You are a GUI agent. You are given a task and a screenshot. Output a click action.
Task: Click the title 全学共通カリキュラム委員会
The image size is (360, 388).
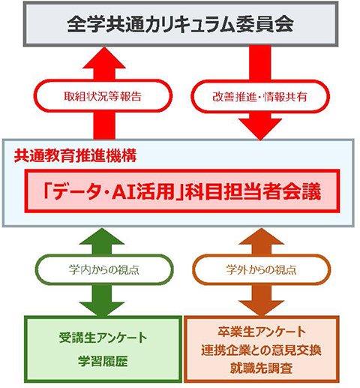pos(180,24)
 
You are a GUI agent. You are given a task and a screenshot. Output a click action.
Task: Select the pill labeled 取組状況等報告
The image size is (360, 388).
pos(103,96)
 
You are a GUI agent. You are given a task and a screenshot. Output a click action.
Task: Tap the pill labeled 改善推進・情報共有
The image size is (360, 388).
pos(260,97)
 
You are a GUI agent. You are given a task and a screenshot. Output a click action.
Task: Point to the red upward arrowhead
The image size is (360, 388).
pos(104,58)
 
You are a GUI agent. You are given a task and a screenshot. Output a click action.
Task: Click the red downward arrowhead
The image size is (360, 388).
pos(260,129)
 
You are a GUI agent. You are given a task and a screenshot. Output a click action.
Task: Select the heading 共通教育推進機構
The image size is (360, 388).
pos(75,155)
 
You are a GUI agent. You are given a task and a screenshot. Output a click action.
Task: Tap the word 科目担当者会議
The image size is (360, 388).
pos(253,192)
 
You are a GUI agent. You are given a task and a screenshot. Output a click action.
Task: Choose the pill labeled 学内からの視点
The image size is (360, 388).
pos(104,269)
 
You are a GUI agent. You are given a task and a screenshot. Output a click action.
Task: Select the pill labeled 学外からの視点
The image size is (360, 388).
pos(261,269)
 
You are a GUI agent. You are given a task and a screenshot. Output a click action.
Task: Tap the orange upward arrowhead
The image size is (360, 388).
pos(261,236)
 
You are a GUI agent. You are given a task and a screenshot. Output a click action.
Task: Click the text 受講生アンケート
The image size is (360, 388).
pos(103,338)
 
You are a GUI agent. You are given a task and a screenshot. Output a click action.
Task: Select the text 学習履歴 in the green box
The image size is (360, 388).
pos(103,361)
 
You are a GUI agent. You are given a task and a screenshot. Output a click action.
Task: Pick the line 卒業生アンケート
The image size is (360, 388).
pos(262,332)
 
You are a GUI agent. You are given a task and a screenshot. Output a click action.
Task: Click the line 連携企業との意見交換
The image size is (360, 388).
pos(261,350)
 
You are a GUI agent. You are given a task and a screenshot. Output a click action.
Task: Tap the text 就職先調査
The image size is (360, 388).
pos(261,368)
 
